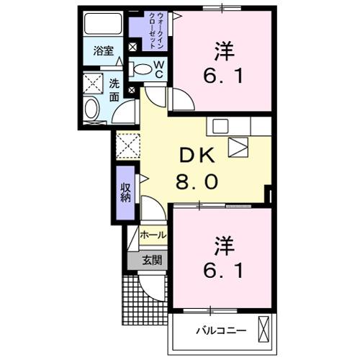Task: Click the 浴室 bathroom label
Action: tap(103, 50)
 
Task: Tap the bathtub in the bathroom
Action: tap(102, 24)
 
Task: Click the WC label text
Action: tap(159, 69)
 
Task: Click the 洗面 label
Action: tap(114, 91)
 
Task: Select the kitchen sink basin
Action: tap(220, 126)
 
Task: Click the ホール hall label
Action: tap(153, 235)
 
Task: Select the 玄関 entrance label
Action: tap(151, 260)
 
